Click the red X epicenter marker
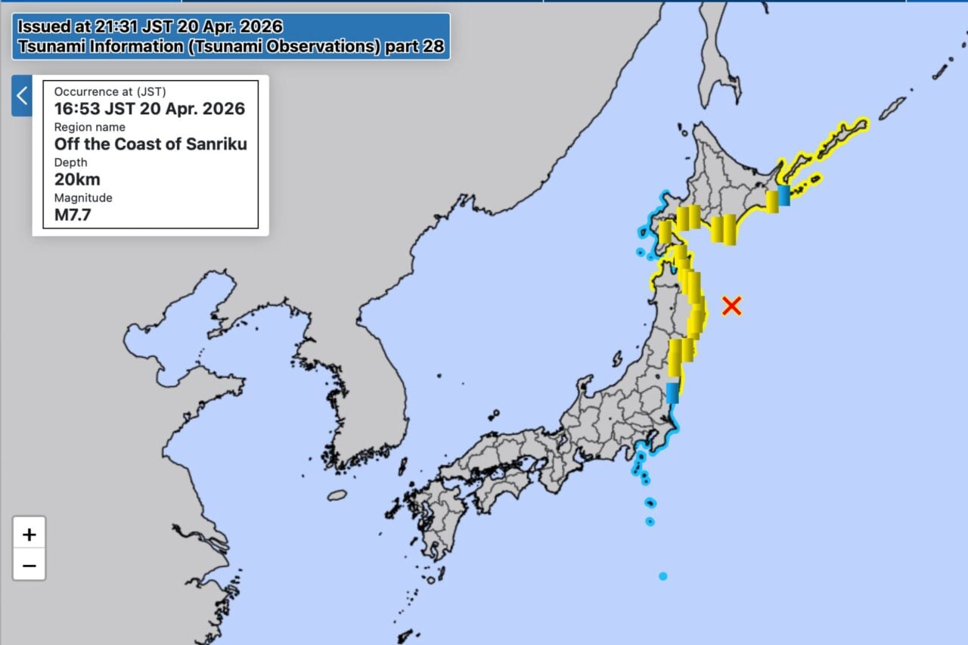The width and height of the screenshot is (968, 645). (x=731, y=305)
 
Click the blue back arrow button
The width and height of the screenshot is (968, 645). (x=22, y=96)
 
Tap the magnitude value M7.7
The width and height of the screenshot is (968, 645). (x=73, y=215)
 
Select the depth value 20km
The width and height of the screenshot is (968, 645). (x=77, y=179)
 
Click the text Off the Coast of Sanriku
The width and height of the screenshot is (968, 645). (x=150, y=144)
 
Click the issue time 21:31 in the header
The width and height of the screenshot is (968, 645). (x=116, y=27)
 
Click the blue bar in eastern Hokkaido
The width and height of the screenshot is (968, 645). (x=783, y=195)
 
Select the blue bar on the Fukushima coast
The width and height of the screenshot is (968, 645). (x=672, y=393)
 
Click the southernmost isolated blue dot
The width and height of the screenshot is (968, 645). (x=663, y=576)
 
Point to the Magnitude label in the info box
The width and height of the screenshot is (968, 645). (x=83, y=197)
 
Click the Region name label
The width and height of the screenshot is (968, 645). (x=89, y=127)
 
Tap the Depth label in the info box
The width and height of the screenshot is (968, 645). (x=71, y=163)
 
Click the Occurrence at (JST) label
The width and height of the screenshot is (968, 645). (x=108, y=91)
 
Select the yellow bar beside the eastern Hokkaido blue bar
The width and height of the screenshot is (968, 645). (x=772, y=201)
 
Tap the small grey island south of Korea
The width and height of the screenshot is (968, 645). (x=337, y=495)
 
